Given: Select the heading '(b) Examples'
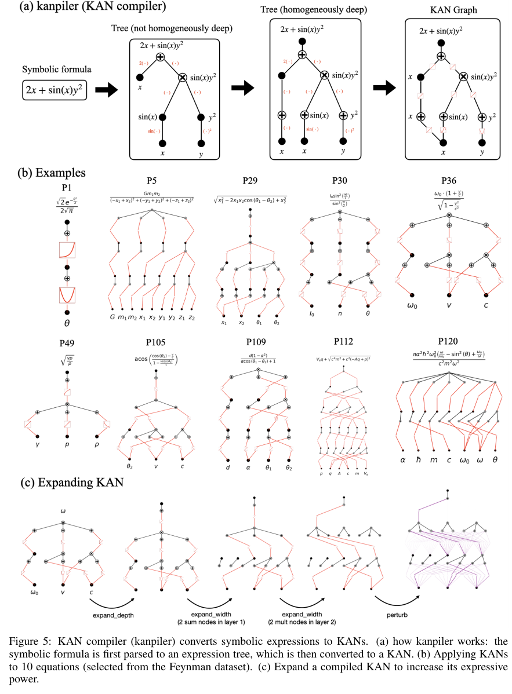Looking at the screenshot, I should pyautogui.click(x=44, y=173).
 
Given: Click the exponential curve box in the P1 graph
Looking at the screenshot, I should pyautogui.click(x=67, y=250).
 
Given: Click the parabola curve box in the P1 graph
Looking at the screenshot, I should pyautogui.click(x=67, y=295).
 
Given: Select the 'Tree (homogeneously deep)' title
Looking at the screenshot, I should pyautogui.click(x=311, y=10).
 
